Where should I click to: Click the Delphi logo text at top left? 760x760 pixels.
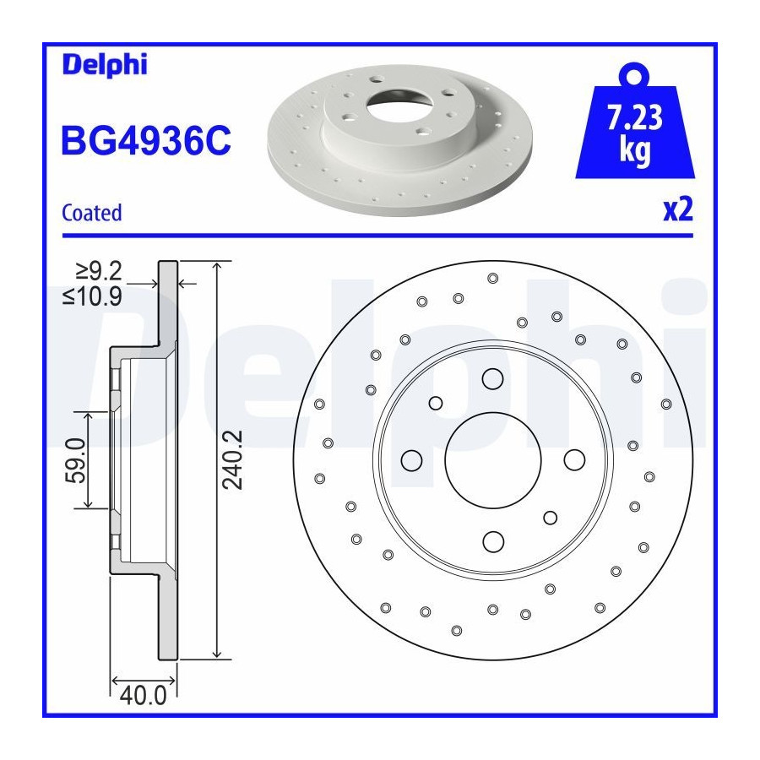point(105,65)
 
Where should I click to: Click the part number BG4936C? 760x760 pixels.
point(146,140)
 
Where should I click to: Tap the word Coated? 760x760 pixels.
point(91,213)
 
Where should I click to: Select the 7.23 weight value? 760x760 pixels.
point(635,117)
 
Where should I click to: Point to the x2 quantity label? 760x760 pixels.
point(678,209)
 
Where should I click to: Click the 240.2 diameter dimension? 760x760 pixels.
point(232,459)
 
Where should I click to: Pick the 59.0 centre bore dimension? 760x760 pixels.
point(75,460)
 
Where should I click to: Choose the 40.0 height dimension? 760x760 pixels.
point(143,696)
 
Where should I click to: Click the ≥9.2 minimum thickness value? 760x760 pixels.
point(99,271)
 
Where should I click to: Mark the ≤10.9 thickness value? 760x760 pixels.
point(92,296)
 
